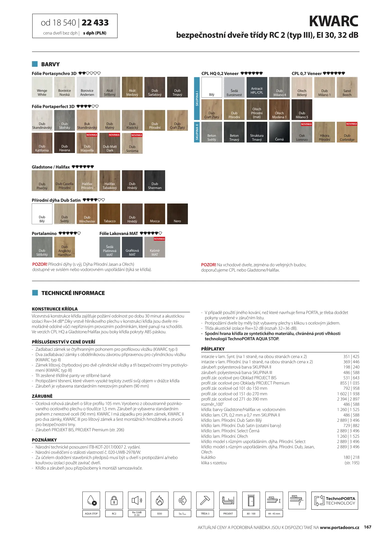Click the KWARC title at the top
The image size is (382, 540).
[334, 21]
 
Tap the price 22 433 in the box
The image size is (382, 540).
[95, 23]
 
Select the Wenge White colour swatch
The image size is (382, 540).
[42, 87]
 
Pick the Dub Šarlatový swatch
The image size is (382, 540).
[155, 87]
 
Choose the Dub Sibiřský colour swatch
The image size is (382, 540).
[64, 120]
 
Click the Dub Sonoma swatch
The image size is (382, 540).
[132, 143]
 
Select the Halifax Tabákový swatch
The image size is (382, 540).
[110, 180]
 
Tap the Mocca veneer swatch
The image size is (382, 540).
[155, 214]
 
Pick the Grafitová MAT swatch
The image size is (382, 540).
[132, 247]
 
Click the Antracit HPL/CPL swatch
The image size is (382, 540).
[257, 87]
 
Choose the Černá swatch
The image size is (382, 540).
[279, 132]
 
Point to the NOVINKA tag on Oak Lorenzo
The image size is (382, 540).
[306, 124]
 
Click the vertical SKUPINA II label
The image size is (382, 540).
[197, 132]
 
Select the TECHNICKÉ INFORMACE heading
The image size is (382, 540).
[73, 293]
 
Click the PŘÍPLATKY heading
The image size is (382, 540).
[213, 349]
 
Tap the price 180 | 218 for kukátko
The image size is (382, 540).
[351, 457]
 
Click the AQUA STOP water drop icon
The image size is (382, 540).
[91, 500]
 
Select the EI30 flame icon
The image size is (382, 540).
[159, 500]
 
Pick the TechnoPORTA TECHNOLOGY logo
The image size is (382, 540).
[335, 500]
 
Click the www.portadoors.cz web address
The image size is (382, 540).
[339, 527]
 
